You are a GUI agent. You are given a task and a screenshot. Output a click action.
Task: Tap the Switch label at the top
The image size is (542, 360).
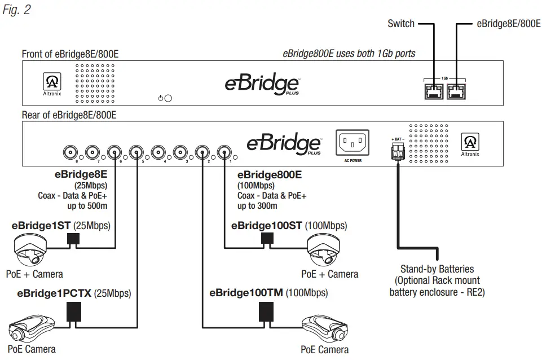pos(401,24)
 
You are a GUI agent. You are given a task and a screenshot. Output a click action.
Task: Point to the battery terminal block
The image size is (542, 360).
pos(398,151)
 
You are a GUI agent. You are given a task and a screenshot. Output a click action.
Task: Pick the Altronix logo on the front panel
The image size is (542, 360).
pos(50,84)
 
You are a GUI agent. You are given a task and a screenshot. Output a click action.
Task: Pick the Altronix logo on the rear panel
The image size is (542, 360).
pos(469,143)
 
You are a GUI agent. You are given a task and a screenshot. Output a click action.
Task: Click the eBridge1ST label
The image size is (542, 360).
pos(41,226)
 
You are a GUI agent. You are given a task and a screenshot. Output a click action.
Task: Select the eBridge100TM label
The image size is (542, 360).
pos(246,293)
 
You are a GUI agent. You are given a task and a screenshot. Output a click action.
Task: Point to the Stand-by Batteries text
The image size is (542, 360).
pos(437,269)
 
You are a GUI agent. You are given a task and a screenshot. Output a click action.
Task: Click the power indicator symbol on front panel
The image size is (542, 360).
pos(165,98)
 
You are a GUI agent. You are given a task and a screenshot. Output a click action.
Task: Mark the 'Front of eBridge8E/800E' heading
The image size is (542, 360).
pos(70,54)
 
